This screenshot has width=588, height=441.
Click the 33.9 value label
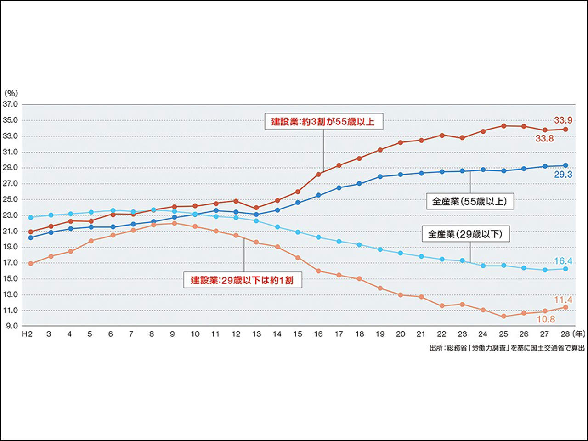tap(563, 120)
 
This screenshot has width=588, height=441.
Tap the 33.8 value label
tap(544, 138)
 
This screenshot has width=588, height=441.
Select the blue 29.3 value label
tap(563, 175)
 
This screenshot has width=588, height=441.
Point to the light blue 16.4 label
tap(563, 261)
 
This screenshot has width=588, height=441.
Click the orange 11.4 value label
tap(563, 300)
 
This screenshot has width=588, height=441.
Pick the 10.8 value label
tap(546, 319)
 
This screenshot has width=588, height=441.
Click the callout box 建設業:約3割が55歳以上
tap(323, 121)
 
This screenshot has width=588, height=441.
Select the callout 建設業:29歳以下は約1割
tap(243, 280)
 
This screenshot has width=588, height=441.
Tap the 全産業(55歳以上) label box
tap(469, 201)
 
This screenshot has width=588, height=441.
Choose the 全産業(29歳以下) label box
tap(465, 234)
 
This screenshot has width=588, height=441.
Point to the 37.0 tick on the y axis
tap(11, 104)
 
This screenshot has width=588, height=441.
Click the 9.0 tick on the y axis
tap(12, 326)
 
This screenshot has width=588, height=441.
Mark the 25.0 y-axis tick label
tap(11, 199)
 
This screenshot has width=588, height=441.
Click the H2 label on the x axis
tap(28, 334)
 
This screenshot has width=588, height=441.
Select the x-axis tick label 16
tap(318, 334)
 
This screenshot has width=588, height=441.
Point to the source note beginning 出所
tap(507, 348)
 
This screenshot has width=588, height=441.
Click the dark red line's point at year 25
tap(504, 126)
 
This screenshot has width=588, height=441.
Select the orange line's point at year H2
tap(31, 264)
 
